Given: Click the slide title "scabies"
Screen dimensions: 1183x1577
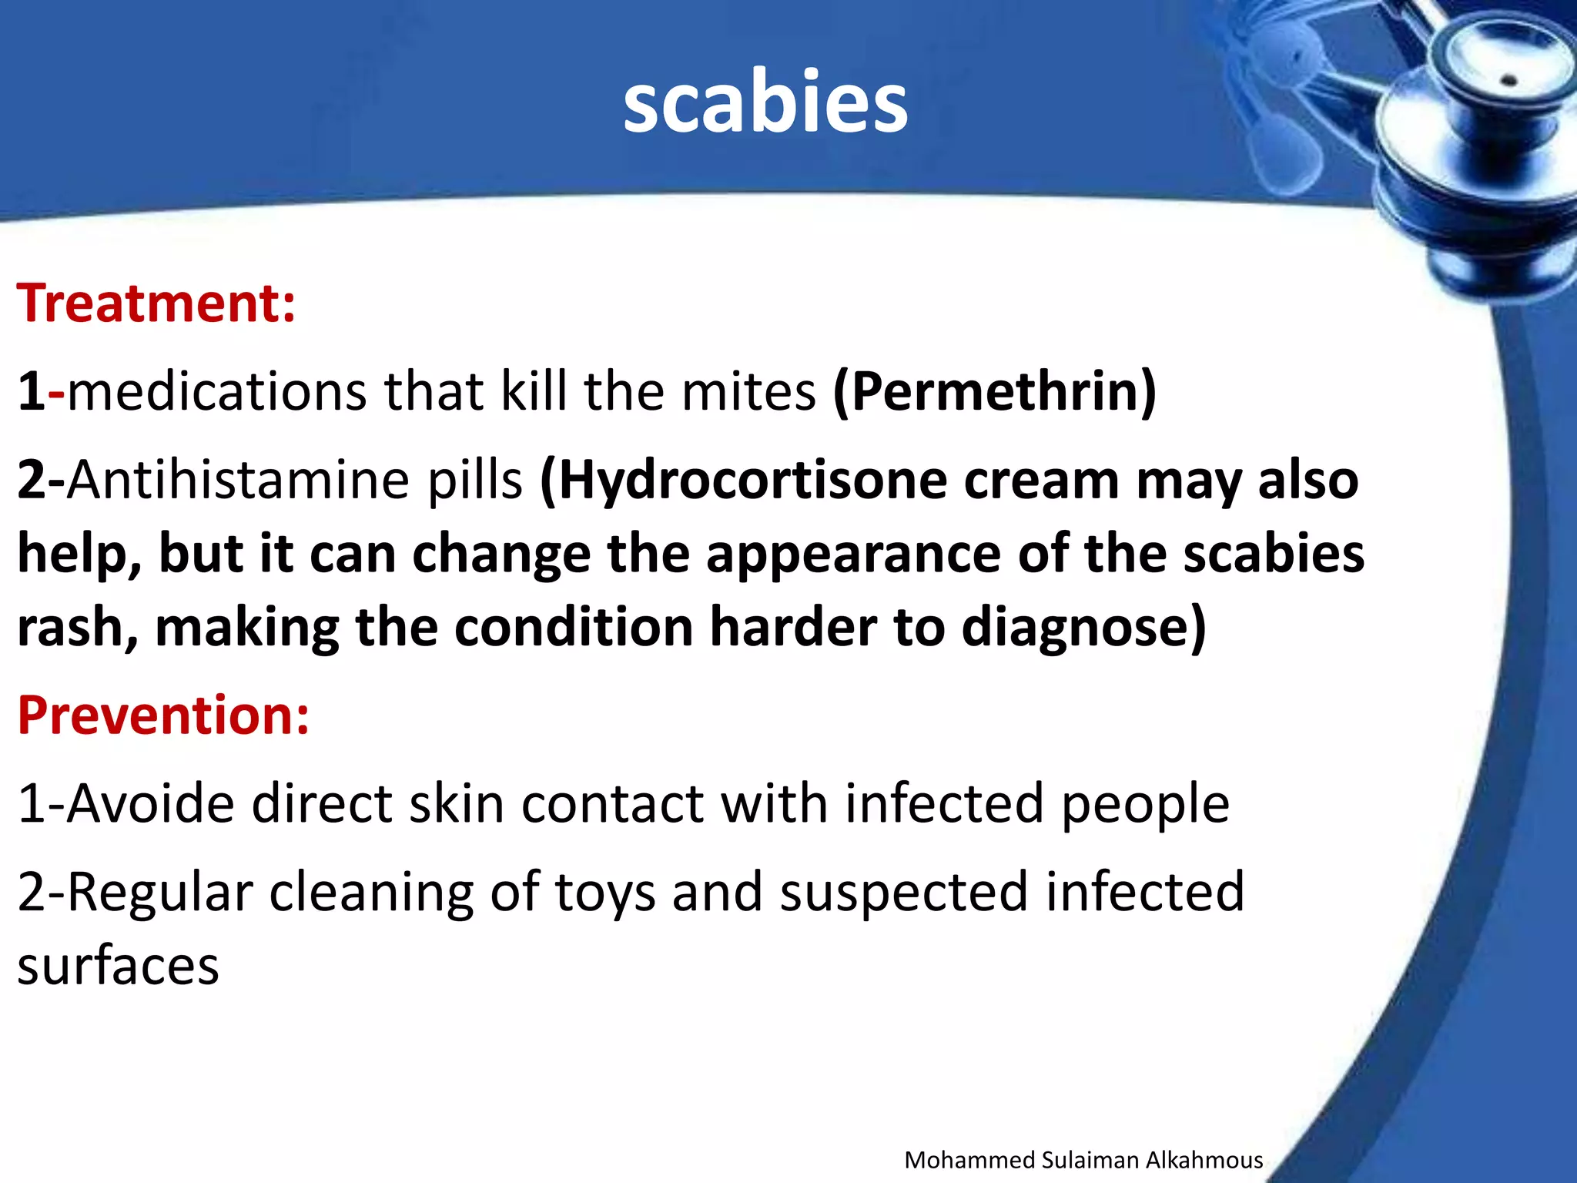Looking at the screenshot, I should [x=765, y=102].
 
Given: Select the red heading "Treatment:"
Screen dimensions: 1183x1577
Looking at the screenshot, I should [x=156, y=303].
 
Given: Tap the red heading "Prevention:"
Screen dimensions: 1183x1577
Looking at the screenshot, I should [x=163, y=715].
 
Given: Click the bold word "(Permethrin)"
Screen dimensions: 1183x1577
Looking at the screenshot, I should [x=995, y=391].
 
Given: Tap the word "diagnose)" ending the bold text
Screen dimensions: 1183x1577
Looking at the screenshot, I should [x=1084, y=627].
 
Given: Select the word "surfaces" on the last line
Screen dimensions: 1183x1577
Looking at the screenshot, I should [x=118, y=966].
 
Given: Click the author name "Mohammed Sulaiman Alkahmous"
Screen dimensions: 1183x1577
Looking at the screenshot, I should [x=1083, y=1160].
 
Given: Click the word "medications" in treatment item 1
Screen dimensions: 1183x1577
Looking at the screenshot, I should [x=217, y=391].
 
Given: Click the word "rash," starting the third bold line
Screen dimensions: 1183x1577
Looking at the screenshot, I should [x=78, y=628].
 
